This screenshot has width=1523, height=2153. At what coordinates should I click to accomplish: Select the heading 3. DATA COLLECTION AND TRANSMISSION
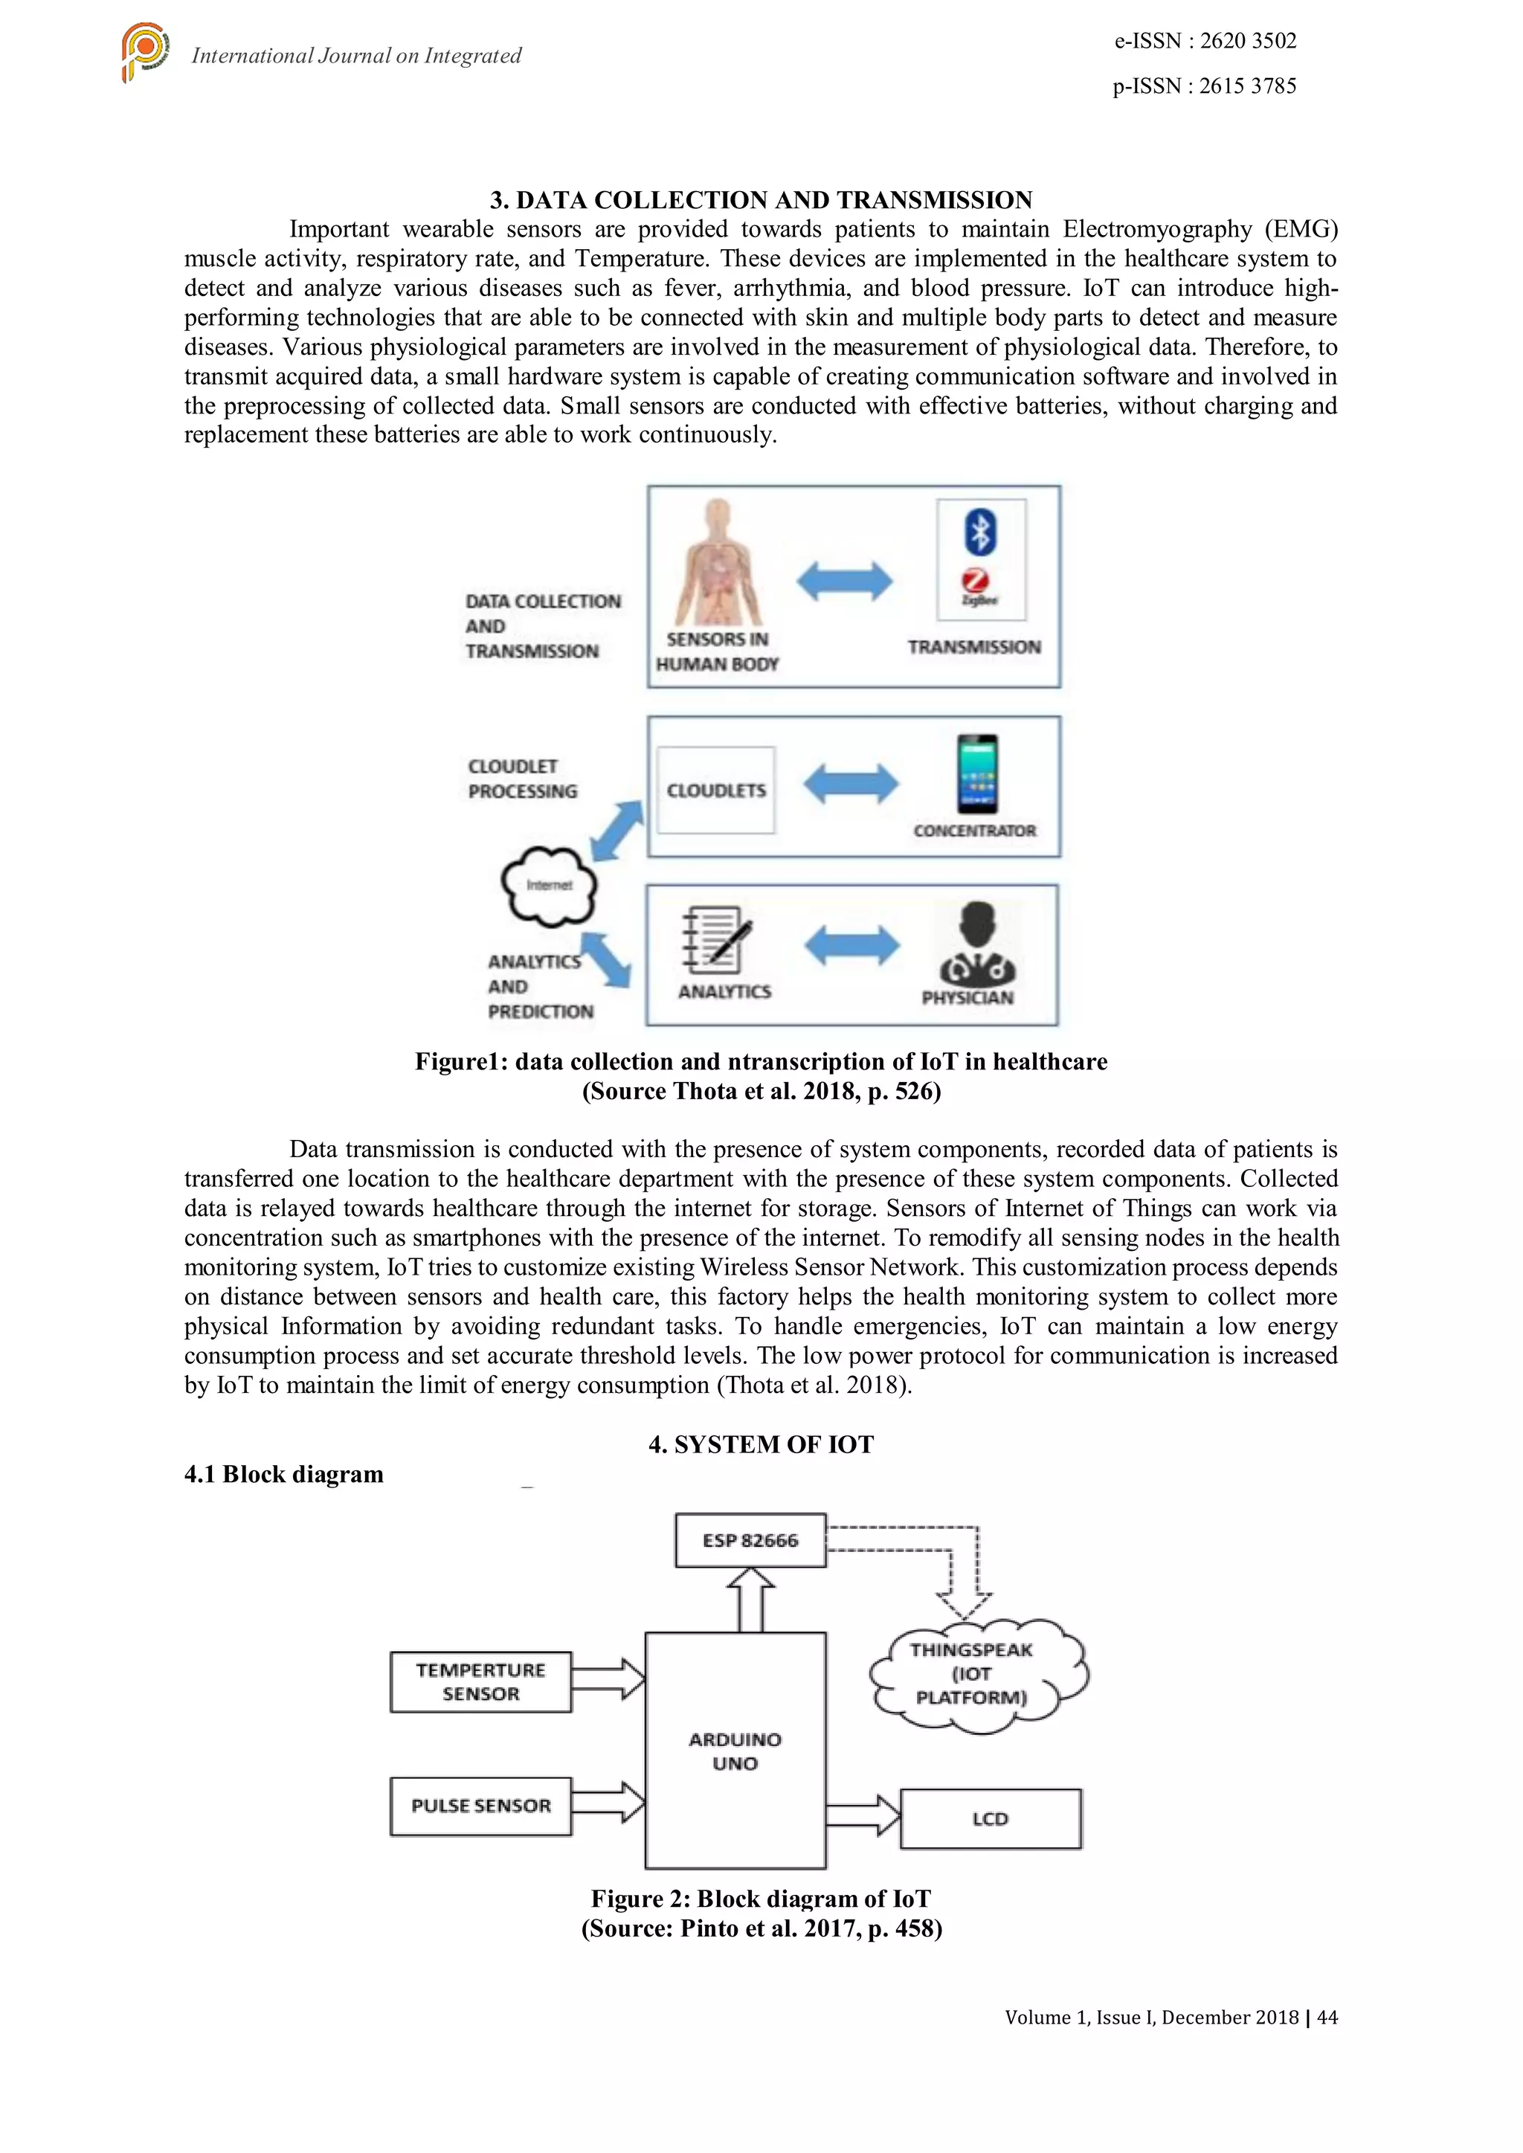tap(761, 200)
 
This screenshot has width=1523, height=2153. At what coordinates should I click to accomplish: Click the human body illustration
tap(718, 563)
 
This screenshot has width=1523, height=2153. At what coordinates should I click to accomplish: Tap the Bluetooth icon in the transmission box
tap(980, 532)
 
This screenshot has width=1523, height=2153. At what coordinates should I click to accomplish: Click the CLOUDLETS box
tap(716, 791)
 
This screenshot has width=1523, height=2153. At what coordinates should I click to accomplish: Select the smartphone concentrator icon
tap(977, 774)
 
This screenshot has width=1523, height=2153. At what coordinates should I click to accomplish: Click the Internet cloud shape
tap(550, 885)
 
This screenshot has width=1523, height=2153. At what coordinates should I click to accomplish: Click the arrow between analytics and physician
tap(851, 944)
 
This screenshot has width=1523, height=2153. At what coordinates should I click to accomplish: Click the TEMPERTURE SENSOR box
tap(480, 1682)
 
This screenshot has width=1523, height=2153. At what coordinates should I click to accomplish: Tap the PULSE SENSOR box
tap(480, 1806)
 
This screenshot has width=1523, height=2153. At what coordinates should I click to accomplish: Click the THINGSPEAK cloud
tap(976, 1674)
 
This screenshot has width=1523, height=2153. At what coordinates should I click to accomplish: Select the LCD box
tap(991, 1819)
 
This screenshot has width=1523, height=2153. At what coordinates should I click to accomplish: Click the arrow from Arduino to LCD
tap(863, 1815)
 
